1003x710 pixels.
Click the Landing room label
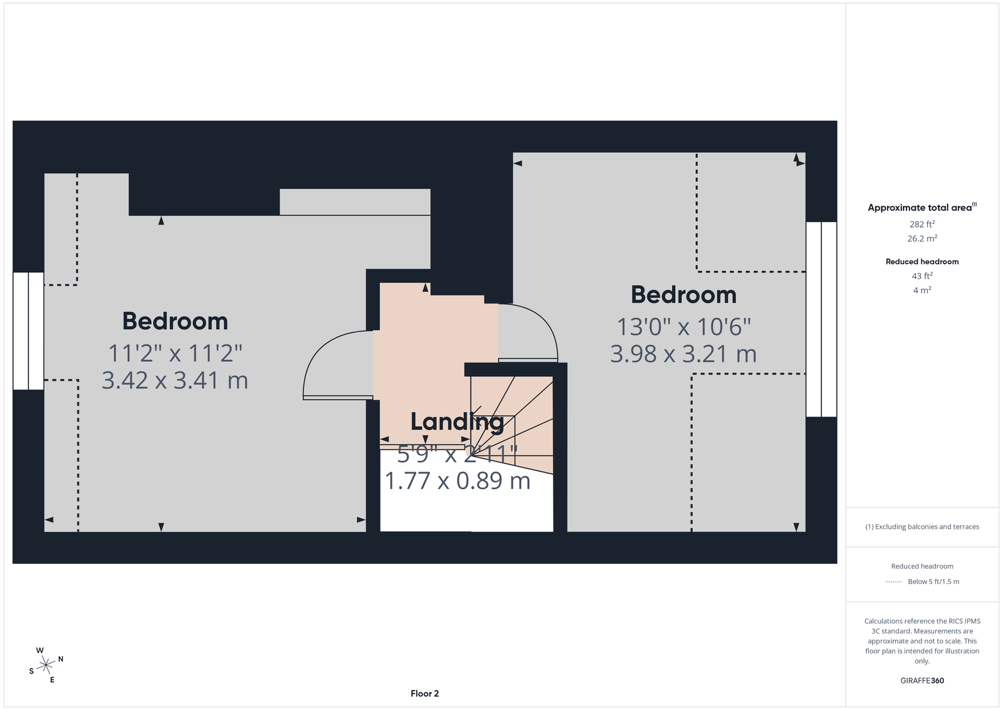457,422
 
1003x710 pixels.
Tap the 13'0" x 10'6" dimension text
683,327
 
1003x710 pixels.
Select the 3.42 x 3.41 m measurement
175,380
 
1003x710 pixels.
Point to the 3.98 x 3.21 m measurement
683,354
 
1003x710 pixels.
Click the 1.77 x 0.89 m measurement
457,481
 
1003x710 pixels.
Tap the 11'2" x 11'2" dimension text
175,354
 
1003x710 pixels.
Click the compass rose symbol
46,665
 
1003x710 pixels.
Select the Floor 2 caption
424,694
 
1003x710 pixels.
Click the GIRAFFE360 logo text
922,681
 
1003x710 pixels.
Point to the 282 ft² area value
922,224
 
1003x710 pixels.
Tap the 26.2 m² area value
922,238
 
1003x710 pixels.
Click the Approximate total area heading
922,208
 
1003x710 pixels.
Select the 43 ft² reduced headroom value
922,276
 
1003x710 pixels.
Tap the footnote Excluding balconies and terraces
922,527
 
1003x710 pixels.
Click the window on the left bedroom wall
29,331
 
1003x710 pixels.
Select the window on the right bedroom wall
821,319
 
